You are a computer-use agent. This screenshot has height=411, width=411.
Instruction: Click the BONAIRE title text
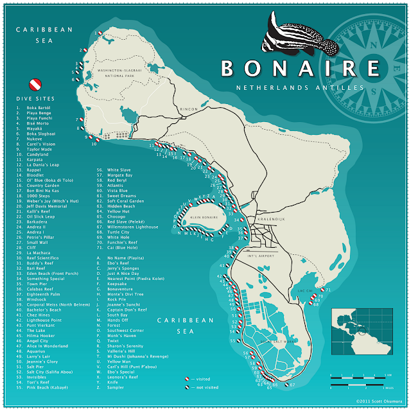tap(299, 69)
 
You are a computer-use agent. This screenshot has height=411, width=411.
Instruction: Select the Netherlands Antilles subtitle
tap(300, 88)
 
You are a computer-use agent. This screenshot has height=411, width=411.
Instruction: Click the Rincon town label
tap(189, 109)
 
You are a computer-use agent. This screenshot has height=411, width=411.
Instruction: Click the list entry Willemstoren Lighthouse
tap(134, 225)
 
